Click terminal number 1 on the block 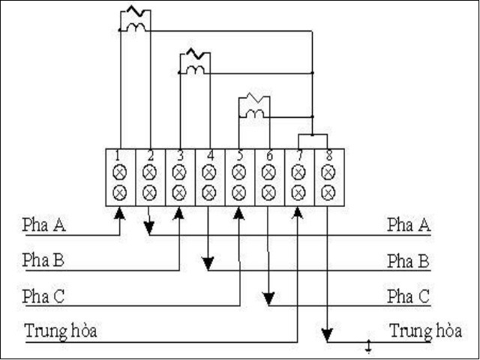[119, 157]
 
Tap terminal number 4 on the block [209, 157]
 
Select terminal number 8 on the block [328, 157]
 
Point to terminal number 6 [268, 157]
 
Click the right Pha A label [408, 224]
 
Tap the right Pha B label [408, 261]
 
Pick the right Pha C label [408, 296]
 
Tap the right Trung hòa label [425, 331]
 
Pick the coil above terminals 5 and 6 [254, 106]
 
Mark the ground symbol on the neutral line [368, 347]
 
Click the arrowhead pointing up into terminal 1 [119, 214]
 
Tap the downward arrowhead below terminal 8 [328, 335]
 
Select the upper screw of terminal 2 [149, 172]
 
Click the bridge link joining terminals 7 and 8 [313, 136]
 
